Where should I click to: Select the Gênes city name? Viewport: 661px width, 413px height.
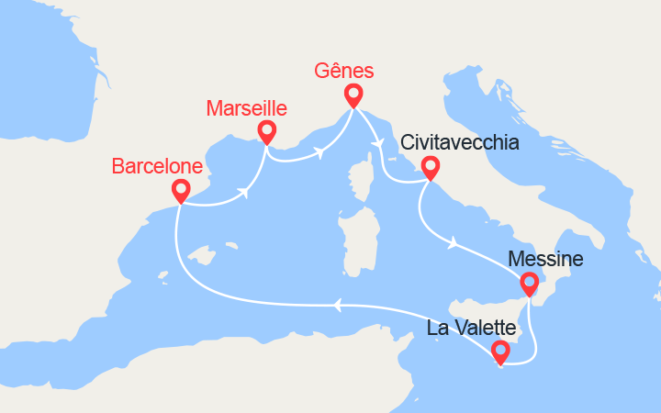click(x=345, y=71)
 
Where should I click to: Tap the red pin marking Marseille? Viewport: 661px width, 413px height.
click(x=266, y=132)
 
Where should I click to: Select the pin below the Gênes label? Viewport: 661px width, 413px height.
click(x=353, y=95)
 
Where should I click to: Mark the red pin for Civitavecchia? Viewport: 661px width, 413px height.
click(x=429, y=168)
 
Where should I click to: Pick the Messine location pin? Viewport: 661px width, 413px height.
click(x=530, y=285)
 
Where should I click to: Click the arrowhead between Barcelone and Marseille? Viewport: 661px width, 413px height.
click(x=244, y=193)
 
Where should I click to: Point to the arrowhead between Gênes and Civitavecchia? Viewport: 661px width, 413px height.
click(x=377, y=142)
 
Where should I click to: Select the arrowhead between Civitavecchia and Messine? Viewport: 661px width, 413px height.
click(x=453, y=243)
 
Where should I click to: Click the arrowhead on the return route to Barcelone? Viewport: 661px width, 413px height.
click(x=338, y=305)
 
